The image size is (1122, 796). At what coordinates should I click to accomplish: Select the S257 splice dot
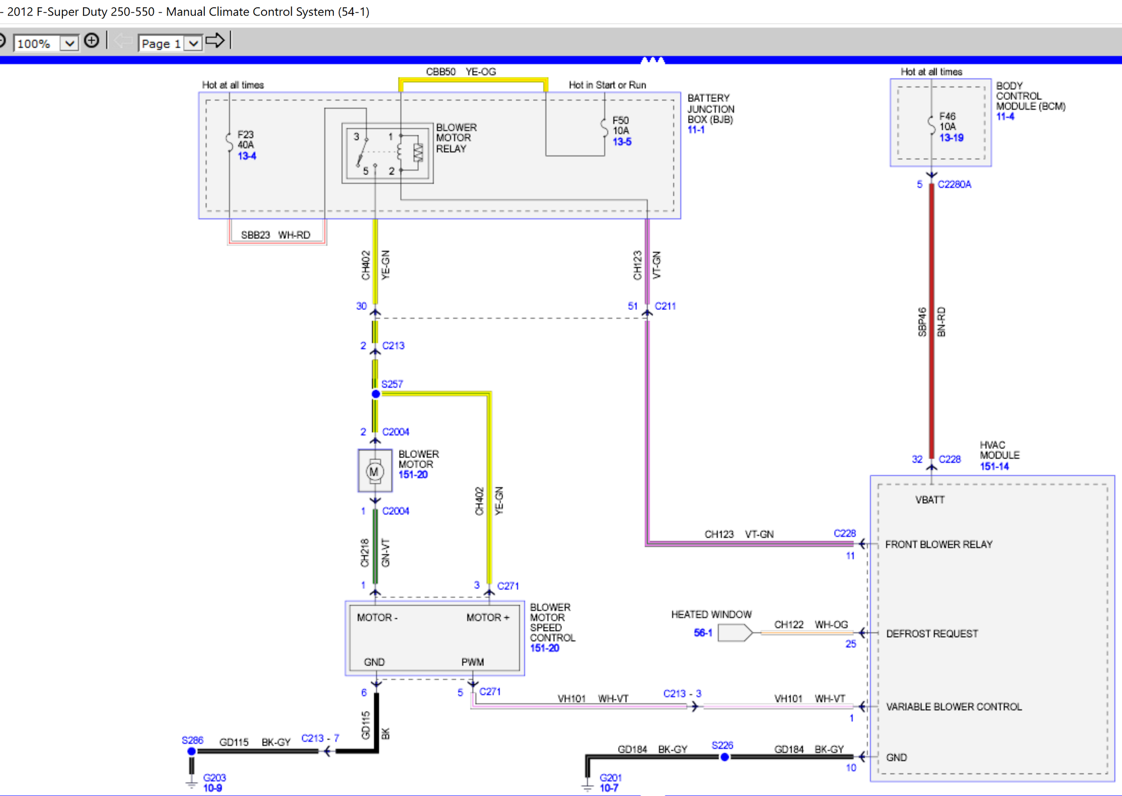click(376, 394)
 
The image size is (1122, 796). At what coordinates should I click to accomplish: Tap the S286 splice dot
click(191, 751)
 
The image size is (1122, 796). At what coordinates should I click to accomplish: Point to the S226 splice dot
click(725, 757)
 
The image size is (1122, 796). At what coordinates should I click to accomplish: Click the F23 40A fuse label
click(246, 140)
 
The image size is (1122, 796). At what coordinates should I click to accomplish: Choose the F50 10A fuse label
click(621, 126)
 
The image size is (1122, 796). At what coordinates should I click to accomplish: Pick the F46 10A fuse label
click(947, 121)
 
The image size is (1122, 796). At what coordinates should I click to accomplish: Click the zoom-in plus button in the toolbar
click(91, 40)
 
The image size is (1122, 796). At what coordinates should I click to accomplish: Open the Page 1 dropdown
click(193, 43)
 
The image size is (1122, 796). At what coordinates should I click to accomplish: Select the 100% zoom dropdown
click(68, 43)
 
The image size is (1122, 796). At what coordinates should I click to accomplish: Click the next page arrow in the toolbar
click(215, 40)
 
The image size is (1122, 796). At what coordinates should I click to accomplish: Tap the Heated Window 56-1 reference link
click(703, 633)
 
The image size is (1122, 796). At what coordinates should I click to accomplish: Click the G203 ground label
click(214, 777)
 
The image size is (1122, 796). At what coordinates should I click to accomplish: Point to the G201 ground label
click(611, 777)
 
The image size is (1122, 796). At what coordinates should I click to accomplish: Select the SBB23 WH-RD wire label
click(276, 235)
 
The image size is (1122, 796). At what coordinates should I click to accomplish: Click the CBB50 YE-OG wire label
click(461, 72)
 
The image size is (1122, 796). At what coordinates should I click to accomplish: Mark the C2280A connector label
click(954, 184)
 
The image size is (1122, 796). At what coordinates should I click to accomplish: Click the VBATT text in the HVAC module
click(929, 500)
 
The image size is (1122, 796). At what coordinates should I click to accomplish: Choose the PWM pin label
click(473, 662)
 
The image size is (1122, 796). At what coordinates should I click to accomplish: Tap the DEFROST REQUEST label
click(932, 634)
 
